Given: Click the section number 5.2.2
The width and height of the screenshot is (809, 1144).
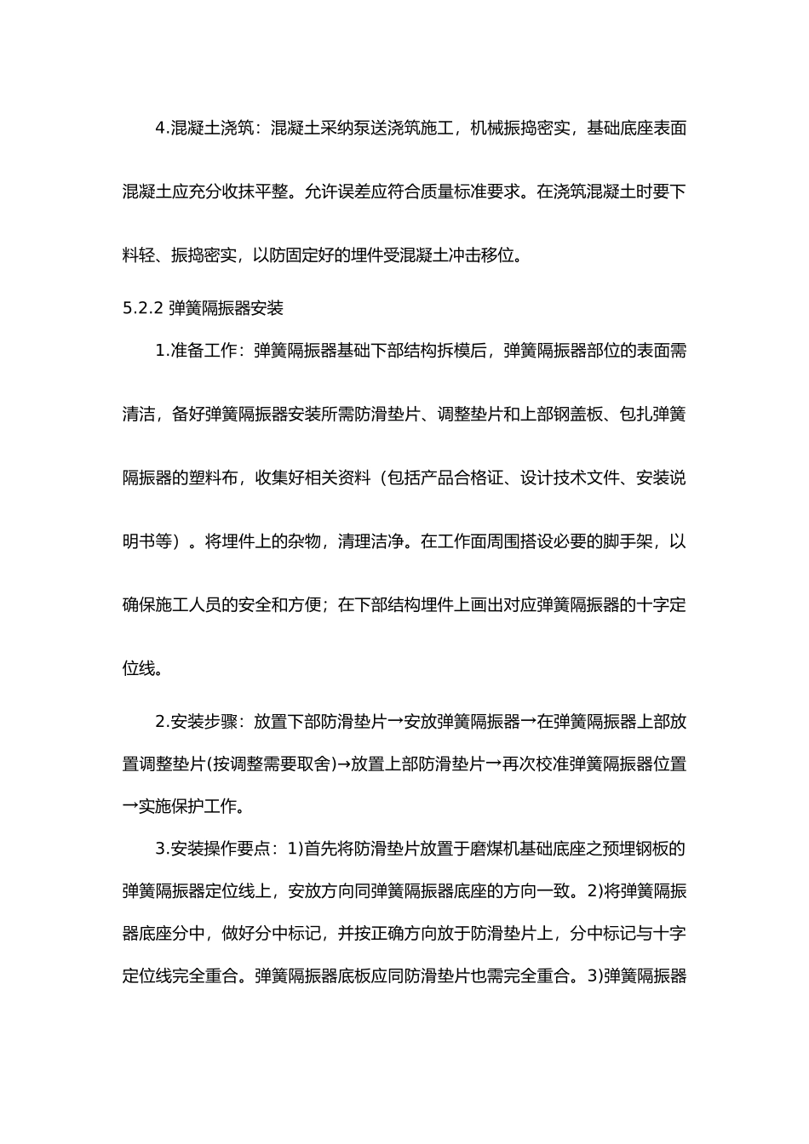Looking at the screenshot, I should click(x=142, y=308).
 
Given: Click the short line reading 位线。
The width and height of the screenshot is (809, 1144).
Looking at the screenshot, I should click(x=142, y=668).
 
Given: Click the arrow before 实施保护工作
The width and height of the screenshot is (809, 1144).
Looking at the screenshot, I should click(x=131, y=805).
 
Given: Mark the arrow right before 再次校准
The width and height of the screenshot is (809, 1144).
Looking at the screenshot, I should click(x=495, y=764).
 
